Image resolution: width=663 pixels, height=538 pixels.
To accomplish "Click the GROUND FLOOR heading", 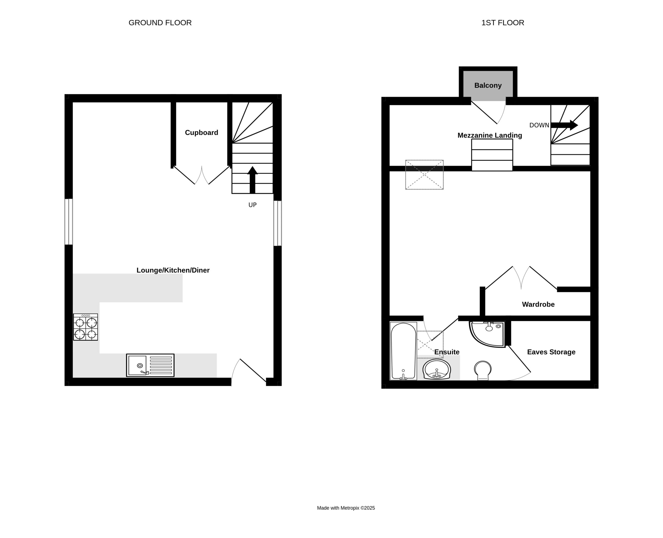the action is coord(160,23).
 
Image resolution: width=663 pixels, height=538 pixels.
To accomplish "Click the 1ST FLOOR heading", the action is coord(503,23).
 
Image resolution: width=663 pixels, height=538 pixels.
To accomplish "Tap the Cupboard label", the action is coord(201,133).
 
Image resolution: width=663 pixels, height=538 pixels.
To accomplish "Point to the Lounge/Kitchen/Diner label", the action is coord(173,270).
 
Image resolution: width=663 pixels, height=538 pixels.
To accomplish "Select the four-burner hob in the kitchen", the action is coord(85,327).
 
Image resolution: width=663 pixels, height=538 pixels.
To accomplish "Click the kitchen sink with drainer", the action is coord(150,365).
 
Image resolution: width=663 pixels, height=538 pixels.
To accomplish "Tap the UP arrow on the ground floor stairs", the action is coord(252,180).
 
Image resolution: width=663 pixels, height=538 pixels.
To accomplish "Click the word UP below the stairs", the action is coord(252,205).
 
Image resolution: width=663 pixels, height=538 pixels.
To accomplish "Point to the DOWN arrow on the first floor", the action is coord(564,125).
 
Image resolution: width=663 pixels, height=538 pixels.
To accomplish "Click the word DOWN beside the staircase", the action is coord(539,125).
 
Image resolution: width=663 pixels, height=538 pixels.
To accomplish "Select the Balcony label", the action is coord(488,86).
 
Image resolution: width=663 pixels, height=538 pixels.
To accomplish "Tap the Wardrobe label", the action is coord(538,304).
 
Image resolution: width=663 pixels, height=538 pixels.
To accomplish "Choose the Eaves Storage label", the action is coord(551,352).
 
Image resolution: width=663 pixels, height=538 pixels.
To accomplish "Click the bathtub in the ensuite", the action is coord(403,351).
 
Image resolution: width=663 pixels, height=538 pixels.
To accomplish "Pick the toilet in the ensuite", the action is coord(483,370).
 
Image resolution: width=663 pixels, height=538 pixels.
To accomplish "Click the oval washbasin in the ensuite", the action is coord(437,369).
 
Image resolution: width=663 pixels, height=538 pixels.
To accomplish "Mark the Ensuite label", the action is coord(447,352).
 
